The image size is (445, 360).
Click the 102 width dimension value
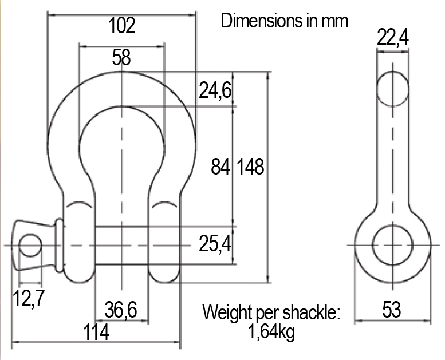121,26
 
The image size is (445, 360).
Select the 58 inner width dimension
121,57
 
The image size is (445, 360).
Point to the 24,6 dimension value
215,90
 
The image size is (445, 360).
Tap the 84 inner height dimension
220,167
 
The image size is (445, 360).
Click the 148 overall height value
251,167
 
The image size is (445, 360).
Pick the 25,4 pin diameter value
215,245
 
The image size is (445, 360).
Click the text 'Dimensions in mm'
285,21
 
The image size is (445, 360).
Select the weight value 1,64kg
272,332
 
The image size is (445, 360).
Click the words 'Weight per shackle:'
271,313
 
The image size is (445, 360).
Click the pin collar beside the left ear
58,245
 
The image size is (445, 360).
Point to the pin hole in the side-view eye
392,245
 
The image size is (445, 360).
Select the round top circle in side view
392,89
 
